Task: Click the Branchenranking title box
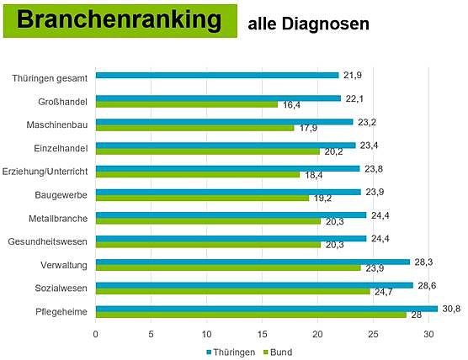pos(120,22)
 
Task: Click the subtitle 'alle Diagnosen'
pos(309,24)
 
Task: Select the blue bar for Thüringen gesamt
pos(217,75)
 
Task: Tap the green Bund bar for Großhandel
pos(187,104)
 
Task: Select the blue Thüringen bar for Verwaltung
pos(253,262)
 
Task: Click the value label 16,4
pos(290,106)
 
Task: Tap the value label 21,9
pos(352,76)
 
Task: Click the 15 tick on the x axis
pos(263,333)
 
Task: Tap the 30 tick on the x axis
pos(429,333)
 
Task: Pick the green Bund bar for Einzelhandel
pos(208,151)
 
